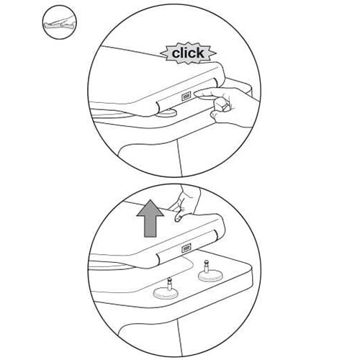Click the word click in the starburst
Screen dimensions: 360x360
(x=188, y=53)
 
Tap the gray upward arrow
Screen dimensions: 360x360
(x=150, y=218)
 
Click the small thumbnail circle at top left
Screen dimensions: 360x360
(x=60, y=22)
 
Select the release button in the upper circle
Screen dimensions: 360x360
(x=186, y=96)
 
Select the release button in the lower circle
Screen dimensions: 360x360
(x=186, y=248)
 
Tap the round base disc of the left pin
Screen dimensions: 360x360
(x=165, y=293)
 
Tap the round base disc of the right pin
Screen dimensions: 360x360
(x=210, y=276)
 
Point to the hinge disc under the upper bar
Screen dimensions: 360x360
(x=167, y=112)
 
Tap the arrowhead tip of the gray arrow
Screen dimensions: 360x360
(x=150, y=200)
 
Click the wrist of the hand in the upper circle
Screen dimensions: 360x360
(x=250, y=110)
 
